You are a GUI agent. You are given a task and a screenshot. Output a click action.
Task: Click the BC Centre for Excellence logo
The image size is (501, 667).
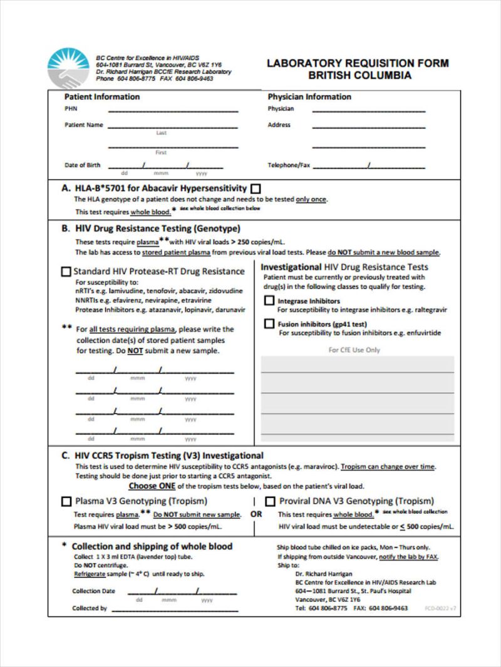pyautogui.click(x=68, y=68)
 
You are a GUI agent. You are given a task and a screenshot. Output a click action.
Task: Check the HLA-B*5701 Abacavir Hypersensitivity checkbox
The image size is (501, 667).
pyautogui.click(x=256, y=189)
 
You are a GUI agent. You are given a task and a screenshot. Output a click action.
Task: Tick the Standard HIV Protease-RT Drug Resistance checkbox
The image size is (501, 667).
pyautogui.click(x=66, y=272)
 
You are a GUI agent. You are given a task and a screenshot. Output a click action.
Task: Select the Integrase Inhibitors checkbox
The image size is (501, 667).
pyautogui.click(x=269, y=301)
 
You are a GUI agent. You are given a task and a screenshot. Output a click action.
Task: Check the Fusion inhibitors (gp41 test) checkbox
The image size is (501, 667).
pyautogui.click(x=269, y=324)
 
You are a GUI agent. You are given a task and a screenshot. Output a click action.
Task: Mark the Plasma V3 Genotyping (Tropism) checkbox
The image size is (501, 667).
pyautogui.click(x=66, y=501)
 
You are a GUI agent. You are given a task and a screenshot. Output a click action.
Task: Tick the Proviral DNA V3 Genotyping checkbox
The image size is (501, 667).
pyautogui.click(x=270, y=501)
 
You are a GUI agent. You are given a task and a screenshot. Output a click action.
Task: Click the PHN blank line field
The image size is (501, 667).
pyautogui.click(x=173, y=111)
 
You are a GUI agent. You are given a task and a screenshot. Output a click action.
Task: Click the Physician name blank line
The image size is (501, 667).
pyautogui.click(x=368, y=111)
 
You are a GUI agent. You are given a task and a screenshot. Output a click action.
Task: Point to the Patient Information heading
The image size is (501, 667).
pyautogui.click(x=102, y=97)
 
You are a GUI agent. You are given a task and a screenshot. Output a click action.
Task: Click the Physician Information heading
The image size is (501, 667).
pyautogui.click(x=309, y=97)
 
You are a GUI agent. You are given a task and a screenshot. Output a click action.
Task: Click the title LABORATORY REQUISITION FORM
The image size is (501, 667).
pyautogui.click(x=358, y=63)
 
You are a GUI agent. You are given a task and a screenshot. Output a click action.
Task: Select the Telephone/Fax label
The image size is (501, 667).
pyautogui.click(x=289, y=166)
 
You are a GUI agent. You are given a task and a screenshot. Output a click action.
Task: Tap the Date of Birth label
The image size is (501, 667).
pyautogui.click(x=83, y=166)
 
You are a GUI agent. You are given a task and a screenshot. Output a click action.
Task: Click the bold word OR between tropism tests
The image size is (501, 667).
pyautogui.click(x=257, y=514)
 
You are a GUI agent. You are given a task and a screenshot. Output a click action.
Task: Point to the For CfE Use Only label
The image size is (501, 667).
pyautogui.click(x=354, y=350)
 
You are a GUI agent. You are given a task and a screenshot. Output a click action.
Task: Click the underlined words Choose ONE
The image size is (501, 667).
pyautogui.click(x=152, y=486)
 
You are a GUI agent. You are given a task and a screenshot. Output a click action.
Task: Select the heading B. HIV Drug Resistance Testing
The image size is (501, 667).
pyautogui.click(x=151, y=229)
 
